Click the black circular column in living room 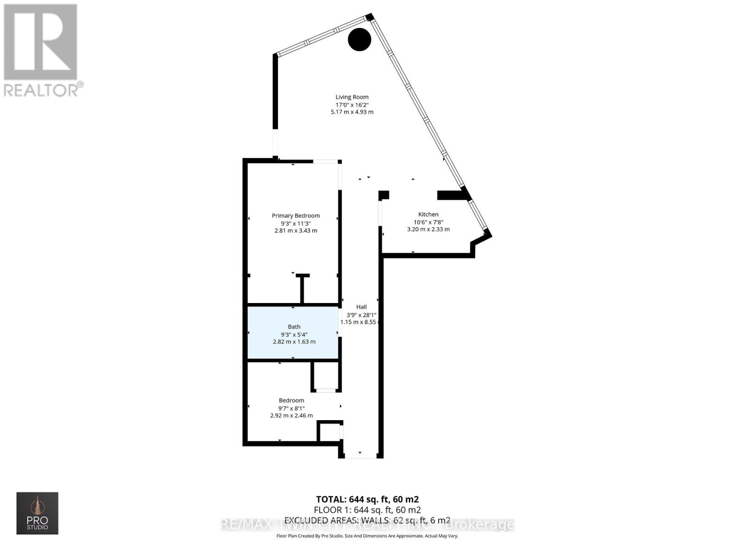tap(359, 39)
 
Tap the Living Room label tap(352, 97)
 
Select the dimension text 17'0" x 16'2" tap(352, 105)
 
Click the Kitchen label tap(428, 214)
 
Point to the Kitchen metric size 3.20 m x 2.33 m tap(428, 229)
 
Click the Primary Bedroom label tap(295, 216)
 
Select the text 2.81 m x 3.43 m tap(295, 231)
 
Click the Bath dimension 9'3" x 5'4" tap(294, 334)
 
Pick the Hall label tap(362, 307)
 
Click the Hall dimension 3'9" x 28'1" tap(362, 315)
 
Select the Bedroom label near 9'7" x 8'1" tap(291, 400)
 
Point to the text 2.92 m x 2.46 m tap(291, 416)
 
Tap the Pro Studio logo tap(37, 513)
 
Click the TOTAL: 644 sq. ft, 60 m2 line tap(367, 499)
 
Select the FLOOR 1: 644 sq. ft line tap(367, 510)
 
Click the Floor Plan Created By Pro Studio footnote tap(367, 536)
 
